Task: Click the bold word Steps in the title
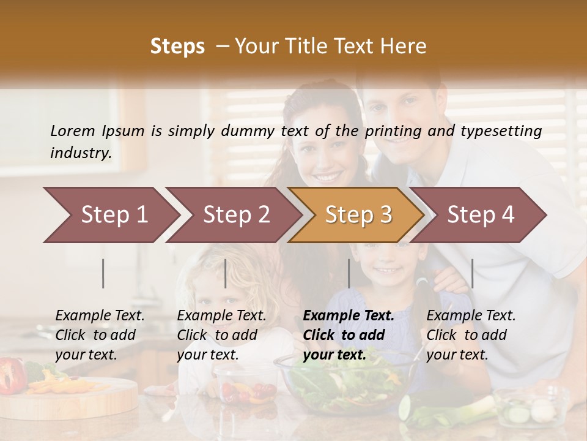click(177, 47)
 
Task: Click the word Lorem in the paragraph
click(72, 131)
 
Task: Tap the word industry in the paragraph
click(80, 153)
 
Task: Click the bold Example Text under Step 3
click(349, 316)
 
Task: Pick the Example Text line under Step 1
click(100, 316)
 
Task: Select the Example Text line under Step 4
click(471, 316)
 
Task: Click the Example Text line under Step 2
click(221, 316)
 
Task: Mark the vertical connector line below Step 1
click(103, 273)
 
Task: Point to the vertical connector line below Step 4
click(472, 273)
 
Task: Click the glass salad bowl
click(342, 380)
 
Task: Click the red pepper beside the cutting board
click(12, 374)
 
